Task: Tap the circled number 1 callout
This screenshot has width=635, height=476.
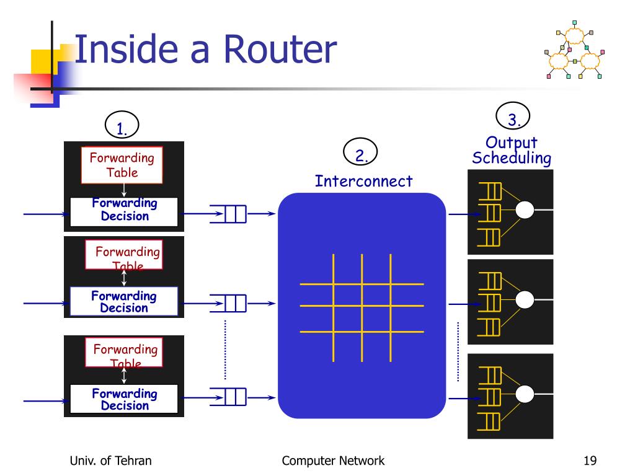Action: (x=122, y=125)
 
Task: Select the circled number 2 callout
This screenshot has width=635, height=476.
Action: (x=360, y=153)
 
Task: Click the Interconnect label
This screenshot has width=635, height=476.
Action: (x=363, y=181)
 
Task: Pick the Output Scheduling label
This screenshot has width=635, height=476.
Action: (x=512, y=151)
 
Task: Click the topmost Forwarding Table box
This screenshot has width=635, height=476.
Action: (x=122, y=165)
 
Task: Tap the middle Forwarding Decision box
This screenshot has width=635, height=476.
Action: (x=124, y=302)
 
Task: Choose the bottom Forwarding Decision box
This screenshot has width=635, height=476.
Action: (x=124, y=399)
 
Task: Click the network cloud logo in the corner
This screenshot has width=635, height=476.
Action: (x=574, y=53)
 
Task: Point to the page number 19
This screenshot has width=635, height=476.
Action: (x=590, y=461)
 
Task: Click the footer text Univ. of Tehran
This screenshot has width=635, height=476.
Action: (x=111, y=461)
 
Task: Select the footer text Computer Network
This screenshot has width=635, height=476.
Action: (x=333, y=461)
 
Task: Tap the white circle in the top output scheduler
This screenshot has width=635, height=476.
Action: (x=525, y=210)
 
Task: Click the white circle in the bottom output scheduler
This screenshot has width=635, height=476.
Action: (x=525, y=394)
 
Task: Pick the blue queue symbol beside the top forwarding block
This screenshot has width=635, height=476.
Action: (x=229, y=214)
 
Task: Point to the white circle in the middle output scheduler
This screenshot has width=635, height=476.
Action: (x=525, y=300)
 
